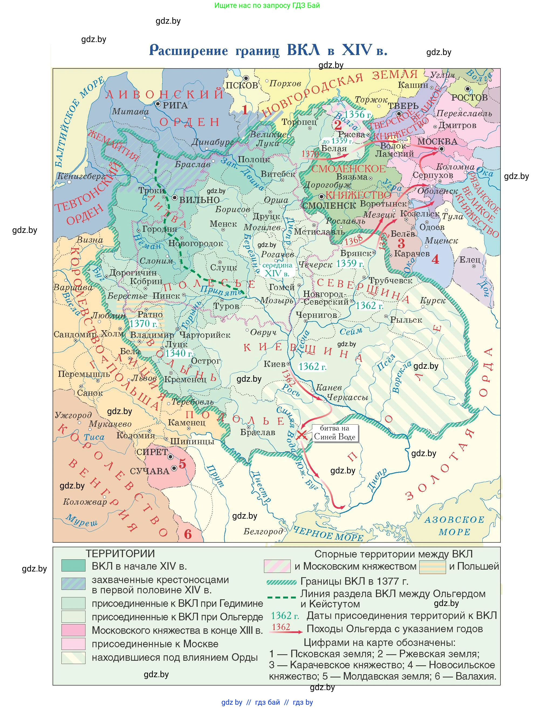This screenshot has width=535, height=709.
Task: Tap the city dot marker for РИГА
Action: tap(158, 104)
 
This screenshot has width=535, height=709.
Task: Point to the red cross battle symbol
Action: tap(301, 435)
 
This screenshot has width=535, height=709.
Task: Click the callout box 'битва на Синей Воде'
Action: tap(334, 433)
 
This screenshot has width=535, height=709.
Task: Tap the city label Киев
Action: tap(275, 364)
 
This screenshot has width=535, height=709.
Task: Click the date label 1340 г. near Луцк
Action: tap(179, 353)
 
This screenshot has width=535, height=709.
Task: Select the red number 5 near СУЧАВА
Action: tap(182, 464)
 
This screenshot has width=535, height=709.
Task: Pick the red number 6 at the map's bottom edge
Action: tap(188, 534)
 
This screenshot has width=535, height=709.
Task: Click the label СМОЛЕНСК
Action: tap(329, 205)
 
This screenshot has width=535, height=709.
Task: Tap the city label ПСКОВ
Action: tap(242, 85)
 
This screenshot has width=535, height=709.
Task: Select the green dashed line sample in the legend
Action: tap(282, 597)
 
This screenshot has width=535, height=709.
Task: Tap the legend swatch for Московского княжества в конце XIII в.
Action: tap(73, 630)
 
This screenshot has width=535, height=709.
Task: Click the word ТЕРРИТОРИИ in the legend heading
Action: tap(120, 553)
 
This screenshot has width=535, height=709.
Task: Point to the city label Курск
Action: tap(433, 300)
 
